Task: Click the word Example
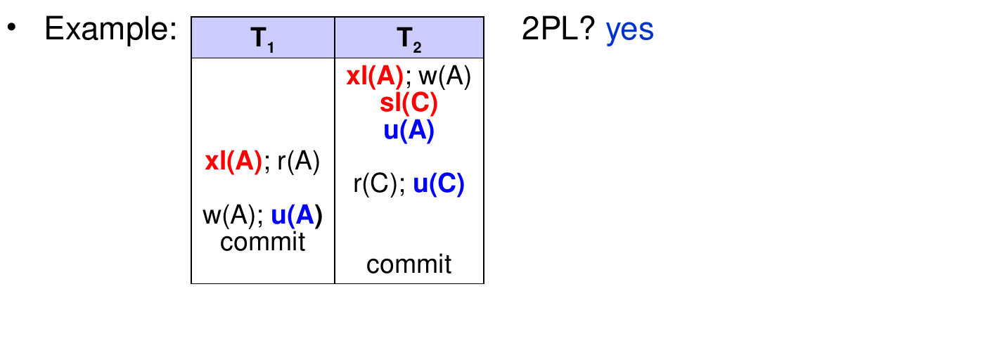(110, 29)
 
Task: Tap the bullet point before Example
(12, 27)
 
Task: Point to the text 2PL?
(558, 29)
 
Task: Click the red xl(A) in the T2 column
(375, 76)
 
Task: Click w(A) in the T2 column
(445, 76)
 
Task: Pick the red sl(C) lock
(409, 103)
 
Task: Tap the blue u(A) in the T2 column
(409, 131)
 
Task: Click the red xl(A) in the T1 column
(233, 161)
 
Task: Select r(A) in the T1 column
(299, 161)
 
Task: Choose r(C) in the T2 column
(375, 184)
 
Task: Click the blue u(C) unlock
(439, 184)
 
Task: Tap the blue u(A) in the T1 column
(297, 215)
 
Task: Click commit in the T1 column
(262, 242)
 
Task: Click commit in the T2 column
(409, 264)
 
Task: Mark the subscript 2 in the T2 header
(418, 47)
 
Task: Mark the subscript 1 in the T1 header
(271, 47)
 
